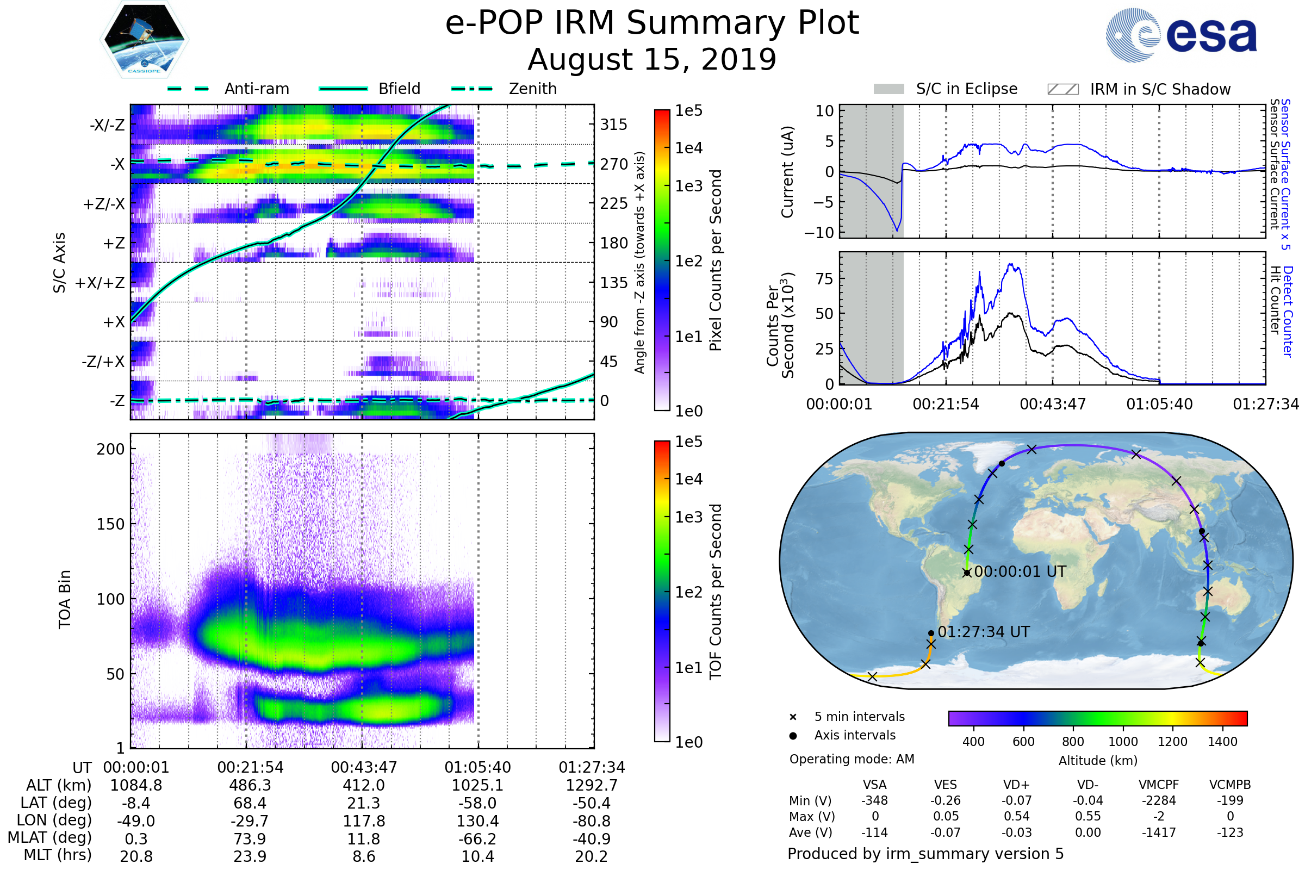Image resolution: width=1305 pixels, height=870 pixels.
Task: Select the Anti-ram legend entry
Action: click(256, 89)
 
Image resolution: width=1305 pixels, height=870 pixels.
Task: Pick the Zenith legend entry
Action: click(533, 89)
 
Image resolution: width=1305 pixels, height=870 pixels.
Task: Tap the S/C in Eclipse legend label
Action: click(966, 89)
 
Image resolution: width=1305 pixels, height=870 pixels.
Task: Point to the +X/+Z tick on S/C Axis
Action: click(100, 283)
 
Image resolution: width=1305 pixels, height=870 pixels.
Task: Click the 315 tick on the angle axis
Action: click(613, 125)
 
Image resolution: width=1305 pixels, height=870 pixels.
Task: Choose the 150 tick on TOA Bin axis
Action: click(110, 524)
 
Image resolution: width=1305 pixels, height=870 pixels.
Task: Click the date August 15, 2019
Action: click(652, 59)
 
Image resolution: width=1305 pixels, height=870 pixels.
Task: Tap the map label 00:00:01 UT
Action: click(1020, 571)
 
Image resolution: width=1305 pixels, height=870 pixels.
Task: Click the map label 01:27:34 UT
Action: click(983, 632)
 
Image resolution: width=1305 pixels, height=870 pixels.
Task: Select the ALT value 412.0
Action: click(363, 785)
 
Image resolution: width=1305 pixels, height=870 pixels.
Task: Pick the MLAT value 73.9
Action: click(250, 838)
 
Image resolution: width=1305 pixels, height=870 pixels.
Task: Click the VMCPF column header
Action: click(1159, 785)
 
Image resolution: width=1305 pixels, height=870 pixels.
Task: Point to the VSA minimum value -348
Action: click(874, 800)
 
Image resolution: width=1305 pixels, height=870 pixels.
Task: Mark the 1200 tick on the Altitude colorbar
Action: click(1172, 742)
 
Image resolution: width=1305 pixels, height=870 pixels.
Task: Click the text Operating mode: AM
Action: click(852, 759)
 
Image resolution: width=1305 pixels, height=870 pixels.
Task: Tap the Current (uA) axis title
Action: click(787, 172)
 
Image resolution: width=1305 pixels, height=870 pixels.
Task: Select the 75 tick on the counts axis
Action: click(824, 278)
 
